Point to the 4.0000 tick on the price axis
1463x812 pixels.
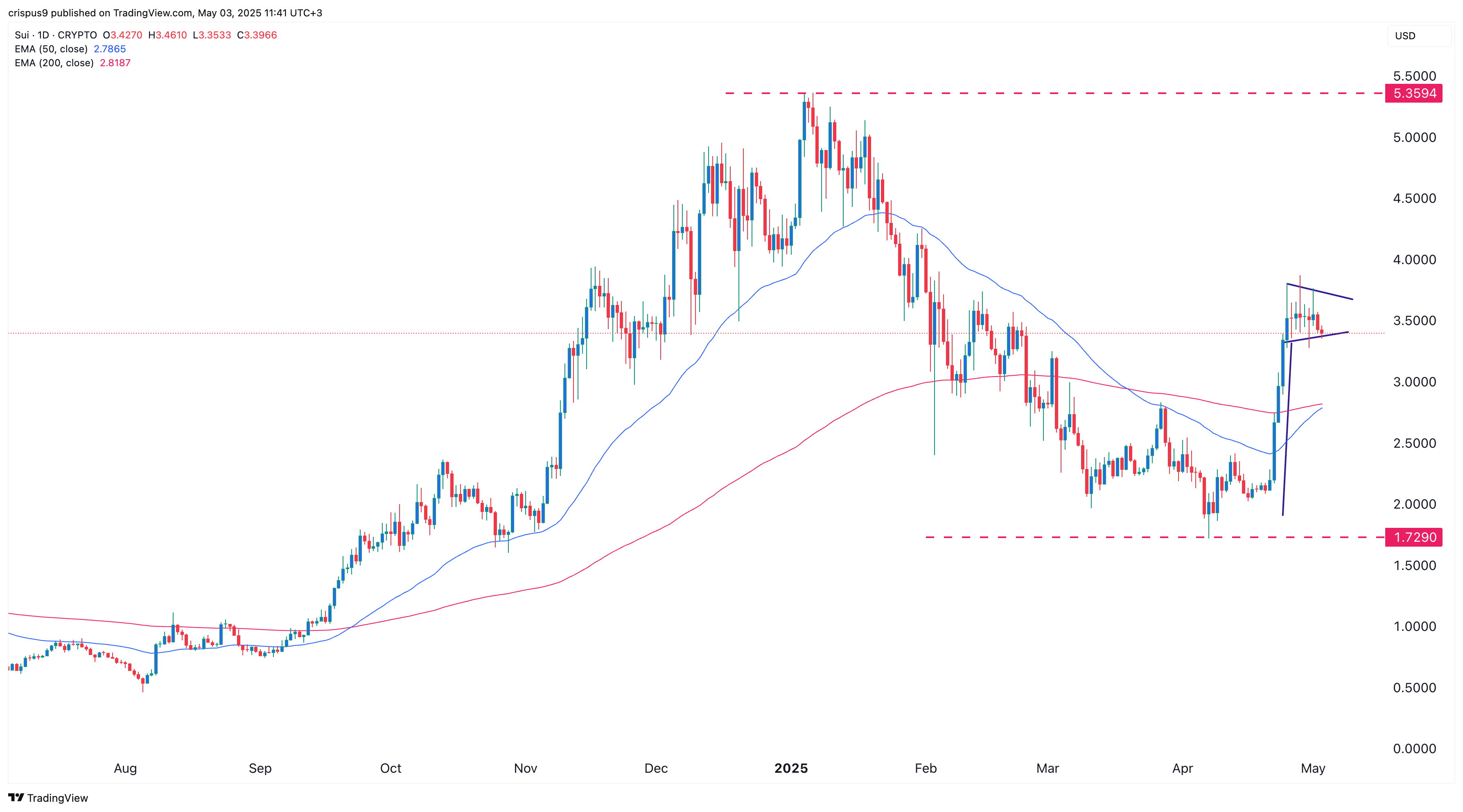click(1414, 259)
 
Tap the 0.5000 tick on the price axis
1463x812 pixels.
click(1414, 687)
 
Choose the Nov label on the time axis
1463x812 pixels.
click(525, 768)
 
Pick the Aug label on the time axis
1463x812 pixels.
click(125, 768)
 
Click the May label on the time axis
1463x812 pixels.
click(1312, 768)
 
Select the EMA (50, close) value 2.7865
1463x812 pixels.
click(110, 49)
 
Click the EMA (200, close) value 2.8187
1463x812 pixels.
click(115, 63)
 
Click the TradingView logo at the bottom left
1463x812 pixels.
click(48, 798)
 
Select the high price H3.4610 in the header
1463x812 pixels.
click(167, 35)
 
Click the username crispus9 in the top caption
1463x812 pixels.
click(28, 13)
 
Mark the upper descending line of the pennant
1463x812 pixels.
click(1321, 292)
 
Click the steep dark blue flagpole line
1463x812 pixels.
click(1287, 431)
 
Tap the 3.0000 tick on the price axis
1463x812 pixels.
click(1414, 382)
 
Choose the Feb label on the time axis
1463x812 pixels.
click(925, 768)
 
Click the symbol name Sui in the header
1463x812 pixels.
click(22, 35)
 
